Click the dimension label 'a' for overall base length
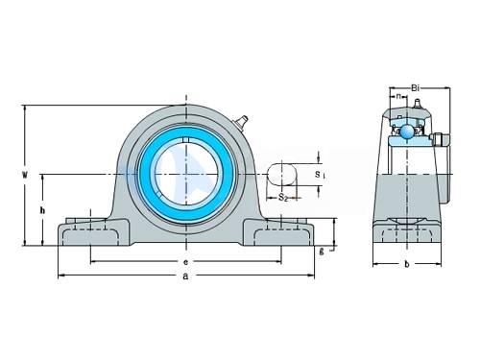pyautogui.click(x=185, y=276)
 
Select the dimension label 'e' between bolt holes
pyautogui.click(x=185, y=262)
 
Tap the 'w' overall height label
pyautogui.click(x=24, y=175)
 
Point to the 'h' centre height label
pyautogui.click(x=42, y=210)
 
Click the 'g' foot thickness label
pyautogui.click(x=322, y=252)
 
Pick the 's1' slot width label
pyautogui.click(x=320, y=175)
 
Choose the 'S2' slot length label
pyautogui.click(x=283, y=197)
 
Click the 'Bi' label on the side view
pyautogui.click(x=415, y=87)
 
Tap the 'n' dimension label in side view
pyautogui.click(x=398, y=96)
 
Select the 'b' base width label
pyautogui.click(x=407, y=264)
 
